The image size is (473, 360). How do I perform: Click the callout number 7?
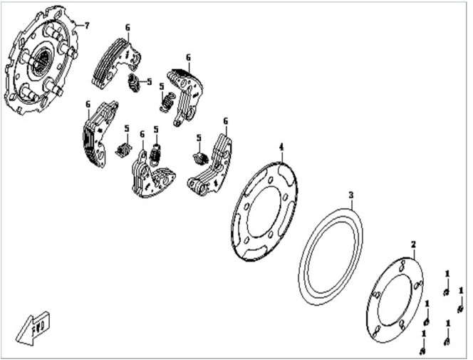[x=87, y=26]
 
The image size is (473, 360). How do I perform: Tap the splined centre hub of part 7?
[x=41, y=63]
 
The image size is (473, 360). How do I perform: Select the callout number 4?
[x=281, y=148]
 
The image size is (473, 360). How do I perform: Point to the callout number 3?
[x=350, y=195]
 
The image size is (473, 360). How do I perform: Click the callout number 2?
[x=413, y=244]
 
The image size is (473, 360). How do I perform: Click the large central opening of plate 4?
[x=266, y=212]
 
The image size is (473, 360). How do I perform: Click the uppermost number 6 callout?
[x=128, y=28]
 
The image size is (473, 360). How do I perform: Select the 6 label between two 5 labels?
[x=142, y=134]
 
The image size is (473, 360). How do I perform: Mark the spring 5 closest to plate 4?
[x=200, y=158]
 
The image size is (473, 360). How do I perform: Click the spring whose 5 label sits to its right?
[x=134, y=83]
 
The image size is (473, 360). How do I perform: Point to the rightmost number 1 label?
[x=461, y=291]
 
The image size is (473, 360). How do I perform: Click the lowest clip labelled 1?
[x=422, y=351]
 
